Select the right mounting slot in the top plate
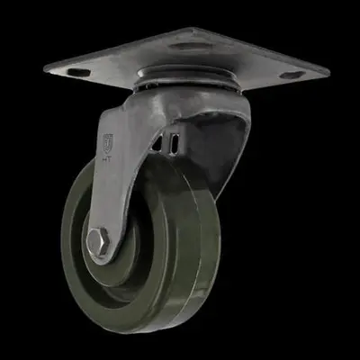292,75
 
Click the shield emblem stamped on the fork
109,141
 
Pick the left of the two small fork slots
166,141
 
